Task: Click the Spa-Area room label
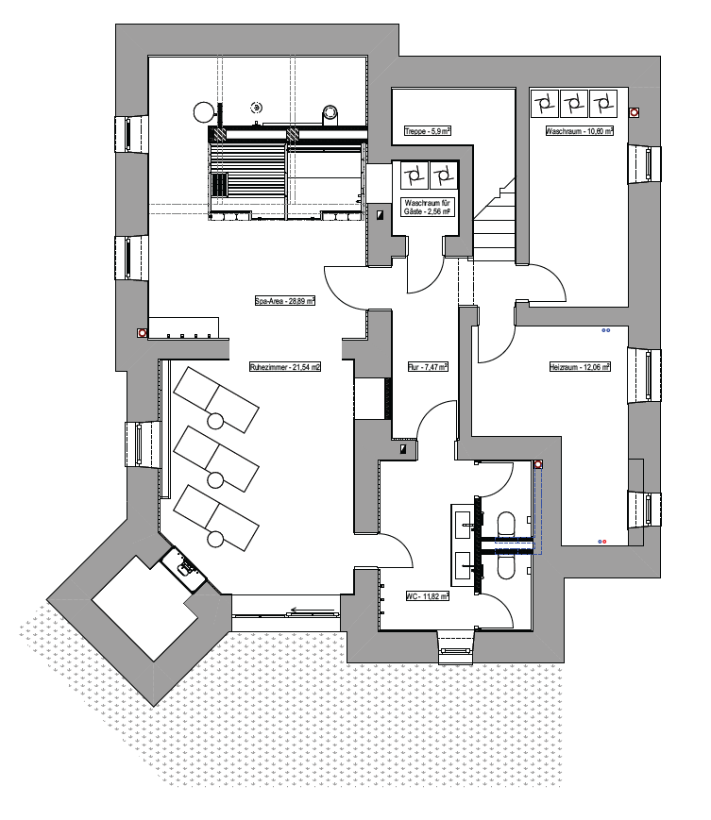pos(285,301)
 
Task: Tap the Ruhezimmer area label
pos(285,367)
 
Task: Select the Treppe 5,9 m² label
pos(428,131)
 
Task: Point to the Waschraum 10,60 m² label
pos(579,131)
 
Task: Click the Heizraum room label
pos(580,367)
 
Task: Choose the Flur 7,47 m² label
pos(428,367)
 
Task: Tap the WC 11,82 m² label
pos(428,595)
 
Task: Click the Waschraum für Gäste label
pos(427,207)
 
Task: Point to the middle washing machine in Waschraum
pos(574,104)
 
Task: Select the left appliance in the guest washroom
pos(415,176)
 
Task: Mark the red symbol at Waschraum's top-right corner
pos(635,112)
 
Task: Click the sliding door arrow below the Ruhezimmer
pos(313,610)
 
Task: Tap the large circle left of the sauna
pos(204,111)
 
